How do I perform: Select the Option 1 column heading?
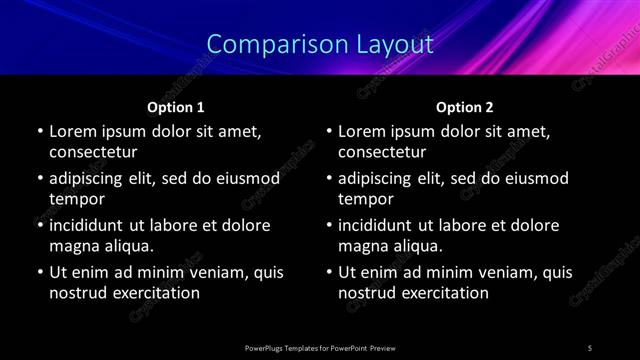176,107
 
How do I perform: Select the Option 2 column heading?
465,107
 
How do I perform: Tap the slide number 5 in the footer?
590,348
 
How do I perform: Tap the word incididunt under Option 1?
92,225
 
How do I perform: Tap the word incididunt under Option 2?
381,225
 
